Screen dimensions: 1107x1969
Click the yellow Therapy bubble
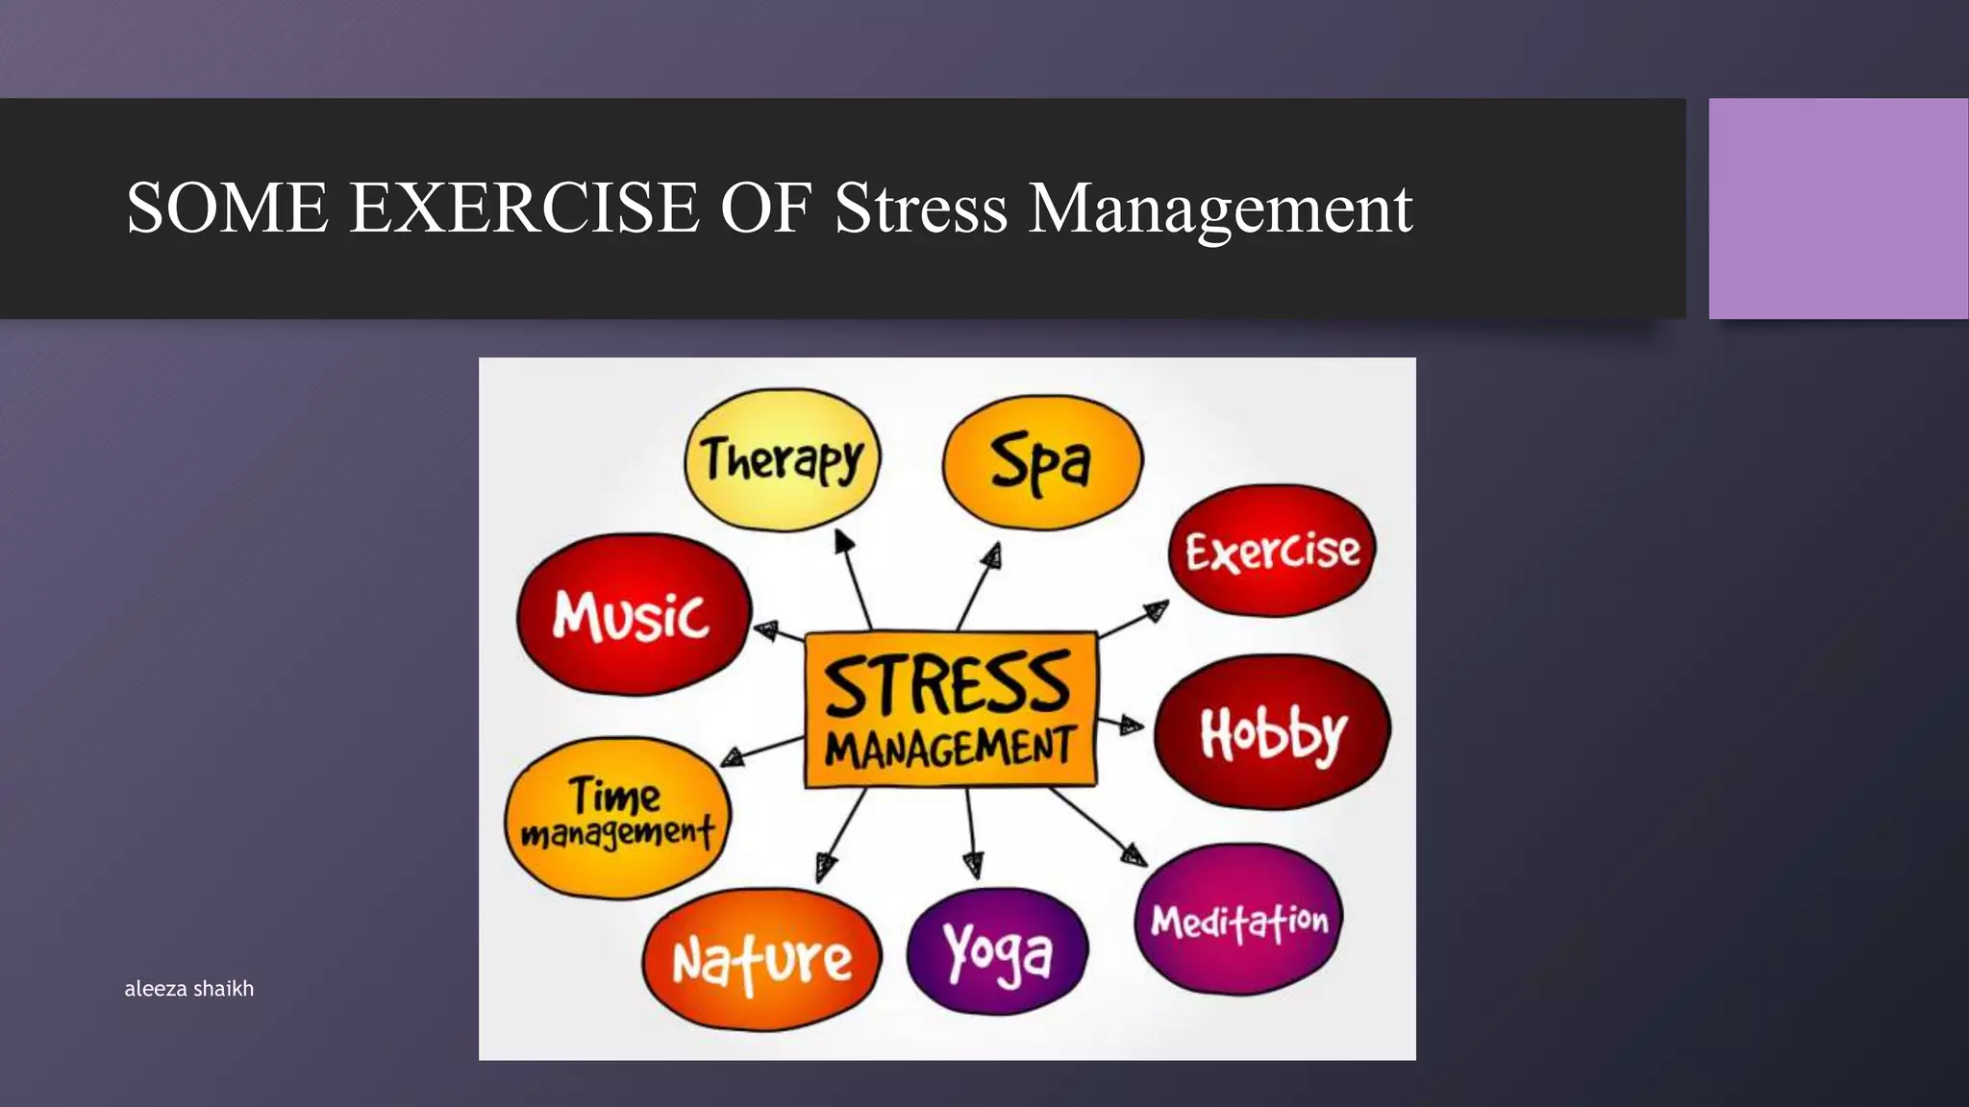click(x=782, y=459)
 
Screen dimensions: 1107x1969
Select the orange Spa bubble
click(x=1042, y=462)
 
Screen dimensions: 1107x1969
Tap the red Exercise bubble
click(x=1272, y=551)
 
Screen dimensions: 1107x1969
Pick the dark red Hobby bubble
click(x=1272, y=732)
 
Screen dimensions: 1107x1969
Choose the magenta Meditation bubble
click(x=1238, y=920)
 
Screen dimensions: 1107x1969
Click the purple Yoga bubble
click(x=997, y=951)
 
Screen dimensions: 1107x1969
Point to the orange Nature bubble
click(x=761, y=959)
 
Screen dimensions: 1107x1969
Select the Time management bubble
click(x=617, y=817)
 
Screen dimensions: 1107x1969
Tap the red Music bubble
click(x=632, y=614)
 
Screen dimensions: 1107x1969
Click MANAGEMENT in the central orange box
click(x=949, y=748)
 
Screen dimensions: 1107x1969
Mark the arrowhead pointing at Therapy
click(x=843, y=541)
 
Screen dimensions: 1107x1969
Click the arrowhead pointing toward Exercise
click(x=1157, y=609)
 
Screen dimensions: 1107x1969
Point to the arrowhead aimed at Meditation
click(x=1135, y=854)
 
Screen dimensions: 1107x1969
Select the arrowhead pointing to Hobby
click(x=1131, y=726)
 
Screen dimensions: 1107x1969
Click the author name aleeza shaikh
click(x=189, y=988)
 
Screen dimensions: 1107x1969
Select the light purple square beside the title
click(x=1837, y=208)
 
